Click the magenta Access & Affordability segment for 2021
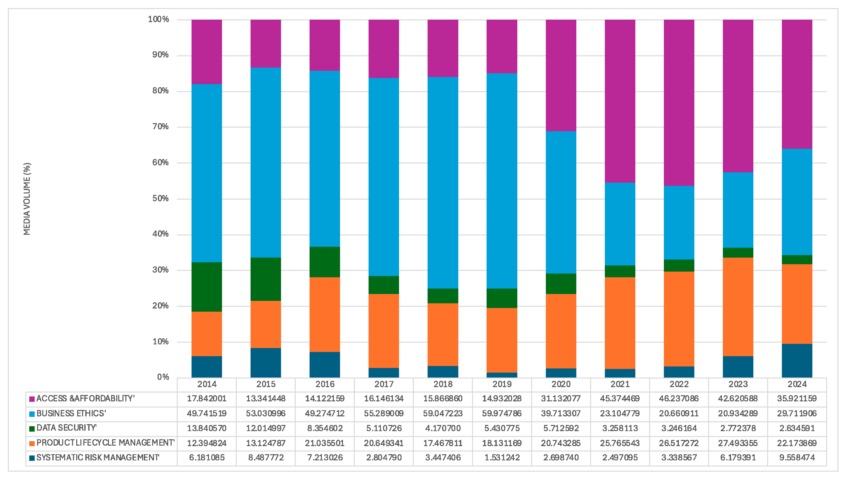click(620, 101)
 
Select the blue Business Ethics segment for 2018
click(443, 183)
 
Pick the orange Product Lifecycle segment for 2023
click(738, 307)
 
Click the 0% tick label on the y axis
click(163, 377)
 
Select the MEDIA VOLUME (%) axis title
click(27, 199)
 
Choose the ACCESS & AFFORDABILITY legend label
click(85, 399)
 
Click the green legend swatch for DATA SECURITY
click(32, 429)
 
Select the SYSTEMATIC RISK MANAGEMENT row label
click(98, 458)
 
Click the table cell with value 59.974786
click(502, 413)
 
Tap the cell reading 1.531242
click(502, 458)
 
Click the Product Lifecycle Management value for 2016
click(325, 443)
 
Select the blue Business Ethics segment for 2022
click(679, 222)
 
